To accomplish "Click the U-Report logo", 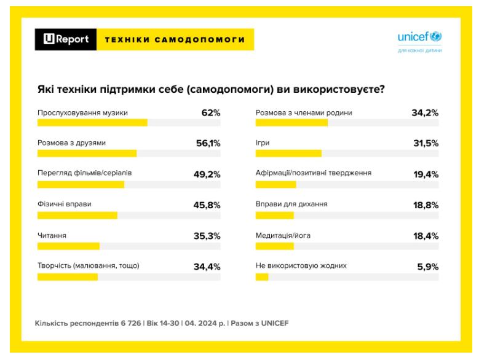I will tap(66, 39).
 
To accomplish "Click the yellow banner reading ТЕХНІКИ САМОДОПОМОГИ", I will tap(175, 39).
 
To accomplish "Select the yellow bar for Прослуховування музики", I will tap(92, 122).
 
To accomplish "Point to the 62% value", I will tap(210, 113).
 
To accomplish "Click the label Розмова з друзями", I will tap(71, 143).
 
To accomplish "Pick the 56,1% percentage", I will tap(208, 143).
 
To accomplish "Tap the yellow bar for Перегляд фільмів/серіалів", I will tap(81, 184).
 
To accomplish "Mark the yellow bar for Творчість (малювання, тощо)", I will tap(68, 277).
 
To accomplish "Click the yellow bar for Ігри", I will tap(288, 154).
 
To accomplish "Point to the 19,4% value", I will tap(426, 174).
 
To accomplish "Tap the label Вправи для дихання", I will tap(291, 204).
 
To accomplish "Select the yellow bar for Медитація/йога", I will tap(274, 246).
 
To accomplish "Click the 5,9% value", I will tap(427, 267).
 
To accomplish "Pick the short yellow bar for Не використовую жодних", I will tap(262, 277).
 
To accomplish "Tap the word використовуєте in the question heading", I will tap(343, 89).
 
